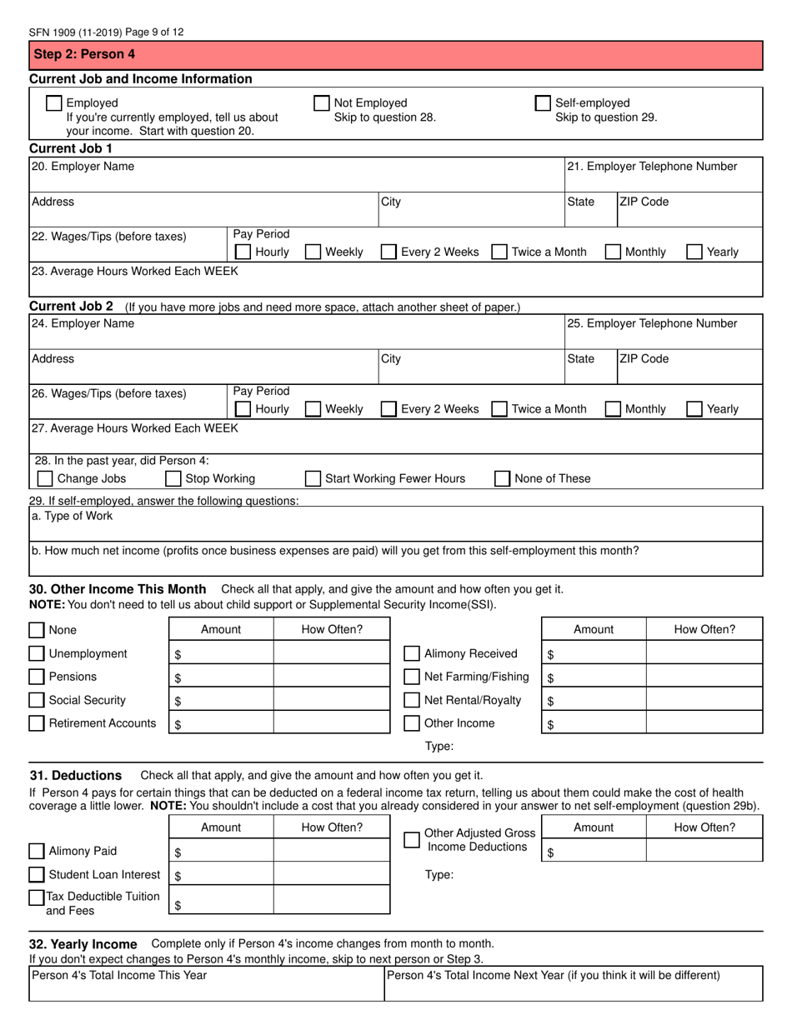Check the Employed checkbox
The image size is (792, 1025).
[x=53, y=103]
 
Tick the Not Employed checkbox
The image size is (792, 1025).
[x=321, y=103]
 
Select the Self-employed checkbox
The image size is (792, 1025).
[x=543, y=103]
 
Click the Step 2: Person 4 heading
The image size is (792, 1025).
[x=72, y=55]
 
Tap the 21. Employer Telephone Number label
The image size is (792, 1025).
[x=652, y=167]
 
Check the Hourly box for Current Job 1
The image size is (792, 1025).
[x=243, y=252]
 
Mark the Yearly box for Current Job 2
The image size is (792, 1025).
[x=694, y=409]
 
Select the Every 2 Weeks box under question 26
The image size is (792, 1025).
[x=388, y=409]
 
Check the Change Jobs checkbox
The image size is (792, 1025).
[x=45, y=478]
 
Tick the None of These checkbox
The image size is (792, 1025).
[x=503, y=478]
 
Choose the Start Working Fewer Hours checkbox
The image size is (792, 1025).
[x=313, y=478]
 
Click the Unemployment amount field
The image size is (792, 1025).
[x=221, y=654]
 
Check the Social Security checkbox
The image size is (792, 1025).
[x=37, y=700]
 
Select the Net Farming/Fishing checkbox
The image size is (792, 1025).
[x=412, y=677]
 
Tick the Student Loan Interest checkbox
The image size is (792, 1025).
[x=37, y=875]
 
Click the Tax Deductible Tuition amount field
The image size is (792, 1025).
[x=221, y=900]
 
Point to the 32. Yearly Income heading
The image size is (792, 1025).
[x=83, y=944]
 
